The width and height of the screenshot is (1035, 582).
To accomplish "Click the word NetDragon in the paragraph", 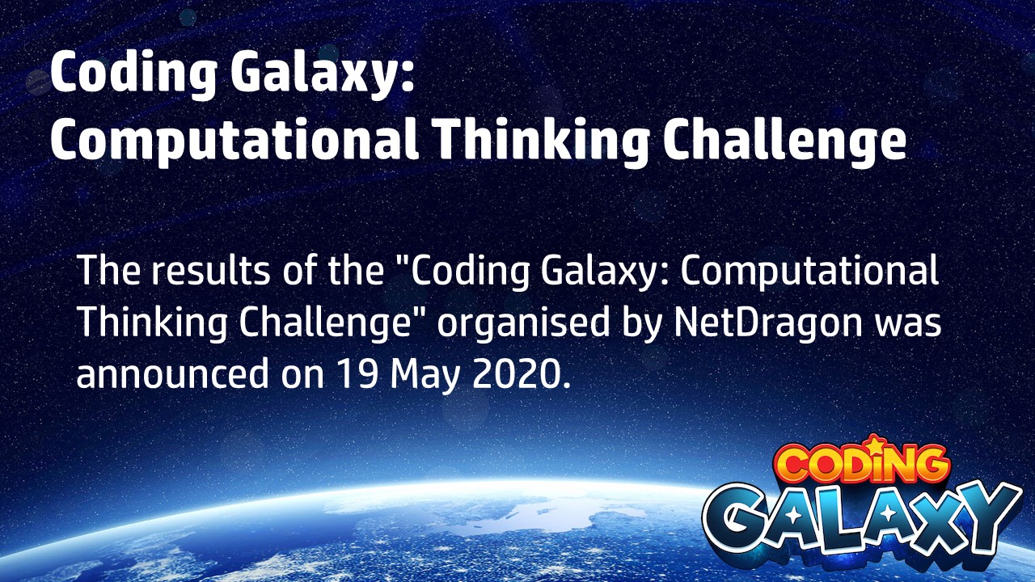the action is point(768,322).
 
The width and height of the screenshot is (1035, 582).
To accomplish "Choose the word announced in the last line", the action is point(172,373).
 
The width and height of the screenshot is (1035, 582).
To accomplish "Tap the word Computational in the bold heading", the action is point(235,141).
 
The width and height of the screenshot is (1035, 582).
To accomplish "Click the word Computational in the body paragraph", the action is point(809,271).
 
